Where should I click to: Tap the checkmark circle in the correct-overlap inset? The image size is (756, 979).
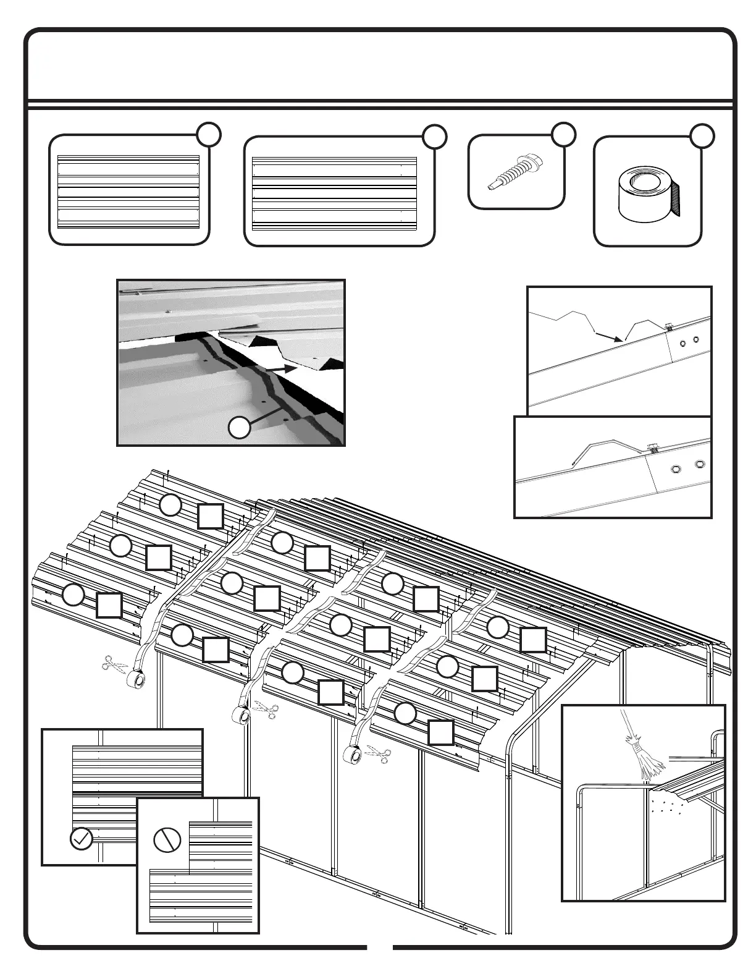click(x=82, y=839)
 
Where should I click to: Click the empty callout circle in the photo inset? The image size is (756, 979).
click(x=240, y=428)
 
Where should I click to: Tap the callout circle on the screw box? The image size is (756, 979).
click(x=563, y=134)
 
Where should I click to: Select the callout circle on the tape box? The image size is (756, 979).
click(x=702, y=136)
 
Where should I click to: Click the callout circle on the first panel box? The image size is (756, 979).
click(x=210, y=134)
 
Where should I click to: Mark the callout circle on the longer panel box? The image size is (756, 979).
click(x=435, y=137)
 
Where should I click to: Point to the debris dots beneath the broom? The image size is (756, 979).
click(x=666, y=805)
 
